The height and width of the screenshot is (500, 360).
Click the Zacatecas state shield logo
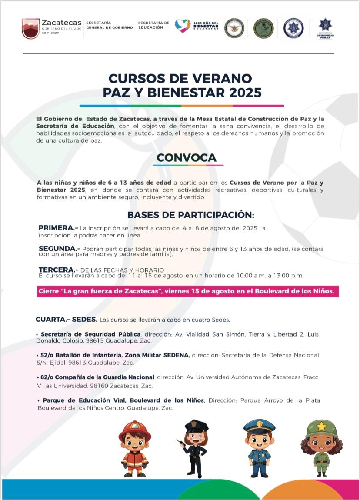(30, 28)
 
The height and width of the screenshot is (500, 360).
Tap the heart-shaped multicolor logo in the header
(183, 26)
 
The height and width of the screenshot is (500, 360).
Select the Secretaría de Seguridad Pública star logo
(325, 25)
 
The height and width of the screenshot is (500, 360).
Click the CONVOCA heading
(187, 157)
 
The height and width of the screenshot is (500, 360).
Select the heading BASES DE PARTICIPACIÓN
(190, 215)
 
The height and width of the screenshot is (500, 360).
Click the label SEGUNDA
(59, 249)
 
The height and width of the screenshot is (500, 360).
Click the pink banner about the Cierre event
(188, 291)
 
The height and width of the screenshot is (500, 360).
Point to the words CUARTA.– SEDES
(66, 320)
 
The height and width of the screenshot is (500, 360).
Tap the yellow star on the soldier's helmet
(321, 427)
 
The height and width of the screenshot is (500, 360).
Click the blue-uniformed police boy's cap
(259, 425)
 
